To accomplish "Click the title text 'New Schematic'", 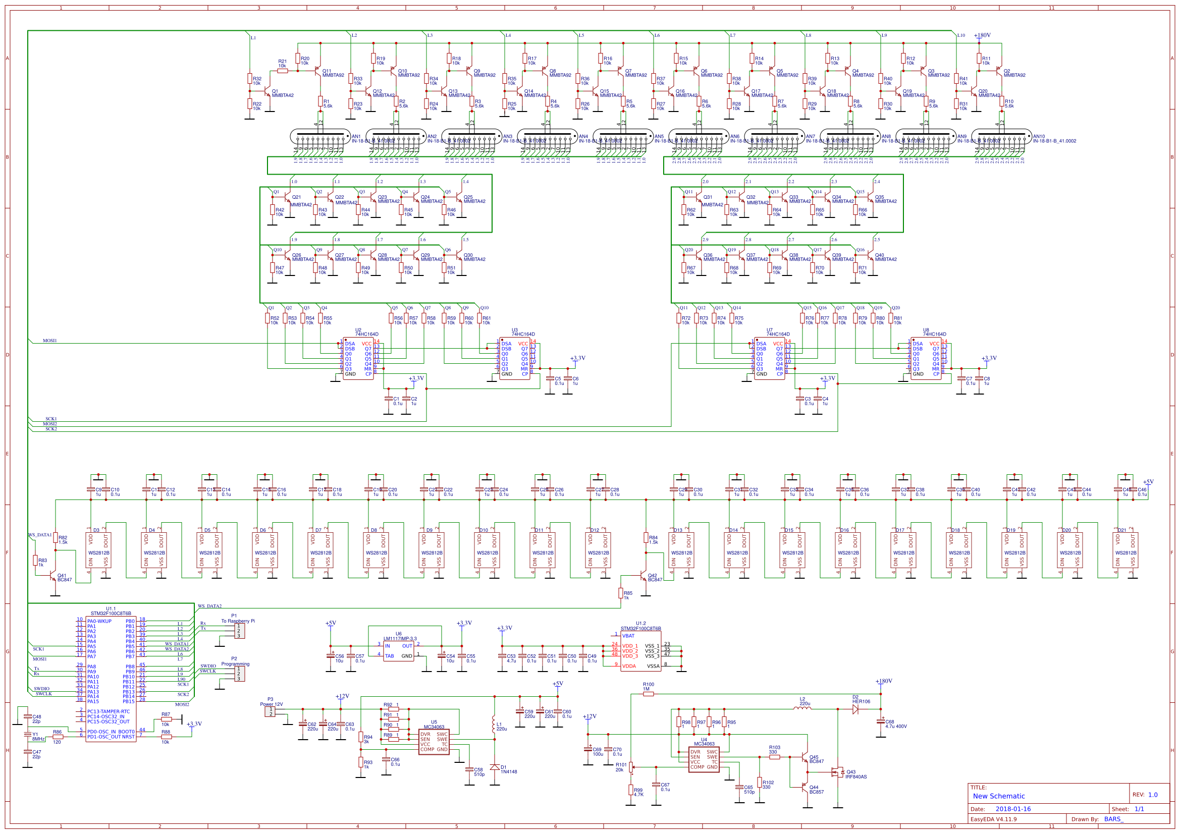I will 998,796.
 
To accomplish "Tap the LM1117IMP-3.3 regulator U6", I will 398,651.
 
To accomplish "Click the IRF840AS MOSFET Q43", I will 838,772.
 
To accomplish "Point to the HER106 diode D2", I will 855,709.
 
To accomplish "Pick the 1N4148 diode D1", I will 495,767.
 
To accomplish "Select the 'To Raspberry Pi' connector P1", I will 239,631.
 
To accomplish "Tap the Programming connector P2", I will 239,674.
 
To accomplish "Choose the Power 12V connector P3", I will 271,712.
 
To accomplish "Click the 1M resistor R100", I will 649,694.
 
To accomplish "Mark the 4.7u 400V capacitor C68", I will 880,722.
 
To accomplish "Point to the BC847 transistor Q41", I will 53,577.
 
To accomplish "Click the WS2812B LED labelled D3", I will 98,550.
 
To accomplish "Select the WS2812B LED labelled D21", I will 1125,550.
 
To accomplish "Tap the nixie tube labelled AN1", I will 320,137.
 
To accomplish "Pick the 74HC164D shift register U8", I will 926,358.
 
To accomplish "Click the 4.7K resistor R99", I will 630,790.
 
